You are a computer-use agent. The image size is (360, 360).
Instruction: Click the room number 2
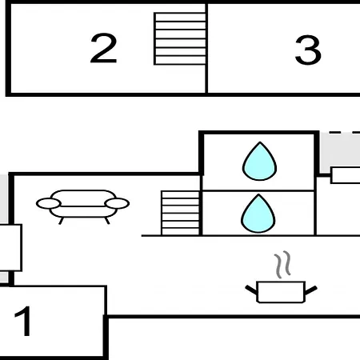pyautogui.click(x=103, y=48)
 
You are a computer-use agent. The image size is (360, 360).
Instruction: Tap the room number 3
pyautogui.click(x=308, y=50)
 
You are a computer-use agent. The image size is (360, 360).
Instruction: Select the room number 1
pyautogui.click(x=23, y=321)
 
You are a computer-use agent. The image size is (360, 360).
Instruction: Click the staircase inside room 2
pyautogui.click(x=180, y=38)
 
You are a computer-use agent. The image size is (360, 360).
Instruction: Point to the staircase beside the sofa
pyautogui.click(x=181, y=213)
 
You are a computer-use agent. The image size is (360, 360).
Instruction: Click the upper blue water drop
pyautogui.click(x=259, y=162)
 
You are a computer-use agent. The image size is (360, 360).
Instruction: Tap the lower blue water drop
pyautogui.click(x=258, y=214)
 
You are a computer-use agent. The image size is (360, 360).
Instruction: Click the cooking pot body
pyautogui.click(x=281, y=292)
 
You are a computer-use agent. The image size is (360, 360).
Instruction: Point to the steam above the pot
pyautogui.click(x=282, y=264)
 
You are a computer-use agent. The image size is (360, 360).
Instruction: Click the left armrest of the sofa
pyautogui.click(x=49, y=204)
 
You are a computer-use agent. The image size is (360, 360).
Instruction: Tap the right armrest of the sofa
pyautogui.click(x=117, y=203)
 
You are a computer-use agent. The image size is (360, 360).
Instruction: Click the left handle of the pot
pyautogui.click(x=251, y=290)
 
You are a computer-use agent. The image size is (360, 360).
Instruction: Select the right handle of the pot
pyautogui.click(x=311, y=290)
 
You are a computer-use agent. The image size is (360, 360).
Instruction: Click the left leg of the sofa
pyautogui.click(x=61, y=221)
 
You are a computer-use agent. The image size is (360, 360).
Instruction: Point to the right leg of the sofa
pyautogui.click(x=107, y=221)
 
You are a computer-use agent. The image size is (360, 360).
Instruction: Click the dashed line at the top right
pyautogui.click(x=345, y=132)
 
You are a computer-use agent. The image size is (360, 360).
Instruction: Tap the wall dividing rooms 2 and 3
pyautogui.click(x=206, y=48)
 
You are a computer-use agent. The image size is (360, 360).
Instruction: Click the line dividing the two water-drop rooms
pyautogui.click(x=258, y=190)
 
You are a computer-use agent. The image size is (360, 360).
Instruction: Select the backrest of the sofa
pyautogui.click(x=83, y=198)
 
